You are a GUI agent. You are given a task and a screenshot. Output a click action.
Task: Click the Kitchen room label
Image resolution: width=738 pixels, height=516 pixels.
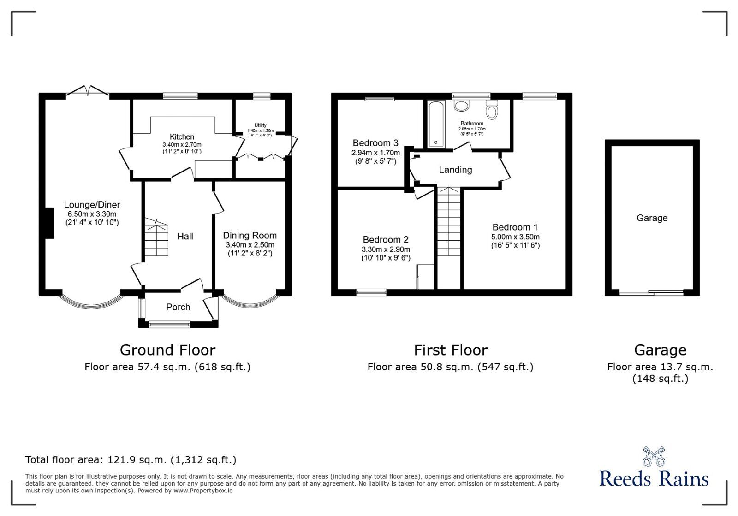coord(182,137)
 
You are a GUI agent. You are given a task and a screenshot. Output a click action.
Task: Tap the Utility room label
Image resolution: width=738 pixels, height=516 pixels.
coord(260,125)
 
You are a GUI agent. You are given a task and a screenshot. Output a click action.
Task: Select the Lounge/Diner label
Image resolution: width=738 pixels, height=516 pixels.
coord(92,205)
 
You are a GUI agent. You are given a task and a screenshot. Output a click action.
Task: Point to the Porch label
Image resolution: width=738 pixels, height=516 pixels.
coord(178,307)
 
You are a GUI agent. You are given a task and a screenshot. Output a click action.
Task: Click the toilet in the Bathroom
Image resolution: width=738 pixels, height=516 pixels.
coord(492,109)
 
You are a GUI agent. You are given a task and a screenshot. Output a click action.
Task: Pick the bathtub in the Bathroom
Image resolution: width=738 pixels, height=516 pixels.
coord(436,125)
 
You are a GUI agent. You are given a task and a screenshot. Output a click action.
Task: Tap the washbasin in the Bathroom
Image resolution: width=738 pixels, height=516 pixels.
coord(461,105)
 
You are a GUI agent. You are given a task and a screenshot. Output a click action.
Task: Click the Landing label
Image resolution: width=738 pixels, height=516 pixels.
coord(455,170)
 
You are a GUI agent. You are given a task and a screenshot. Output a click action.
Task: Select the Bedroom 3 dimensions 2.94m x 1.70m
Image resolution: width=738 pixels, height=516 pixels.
coord(375,153)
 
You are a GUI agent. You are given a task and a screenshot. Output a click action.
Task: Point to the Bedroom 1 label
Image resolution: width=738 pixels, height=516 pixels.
coord(515,227)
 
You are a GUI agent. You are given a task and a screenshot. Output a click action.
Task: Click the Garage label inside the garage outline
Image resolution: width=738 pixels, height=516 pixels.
coord(652,218)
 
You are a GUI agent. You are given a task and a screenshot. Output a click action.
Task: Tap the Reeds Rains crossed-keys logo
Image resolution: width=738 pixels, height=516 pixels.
coord(654,457)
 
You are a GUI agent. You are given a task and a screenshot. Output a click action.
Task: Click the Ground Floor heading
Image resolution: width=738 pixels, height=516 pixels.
coord(167,350)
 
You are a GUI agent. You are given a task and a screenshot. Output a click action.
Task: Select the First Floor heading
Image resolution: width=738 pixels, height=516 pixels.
coord(450,350)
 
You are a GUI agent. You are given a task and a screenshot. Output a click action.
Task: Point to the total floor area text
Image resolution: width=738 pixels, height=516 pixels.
coord(131,460)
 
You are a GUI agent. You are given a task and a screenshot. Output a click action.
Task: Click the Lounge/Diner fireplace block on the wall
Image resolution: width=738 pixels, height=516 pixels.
coord(49,223)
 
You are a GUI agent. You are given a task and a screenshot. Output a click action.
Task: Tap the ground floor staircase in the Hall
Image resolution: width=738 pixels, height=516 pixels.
coord(156,237)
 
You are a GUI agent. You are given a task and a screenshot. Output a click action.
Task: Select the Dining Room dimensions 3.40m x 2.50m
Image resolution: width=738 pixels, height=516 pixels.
coord(250,245)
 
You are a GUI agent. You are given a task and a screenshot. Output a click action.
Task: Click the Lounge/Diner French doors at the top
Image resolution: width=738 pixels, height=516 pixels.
coord(88,92)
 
